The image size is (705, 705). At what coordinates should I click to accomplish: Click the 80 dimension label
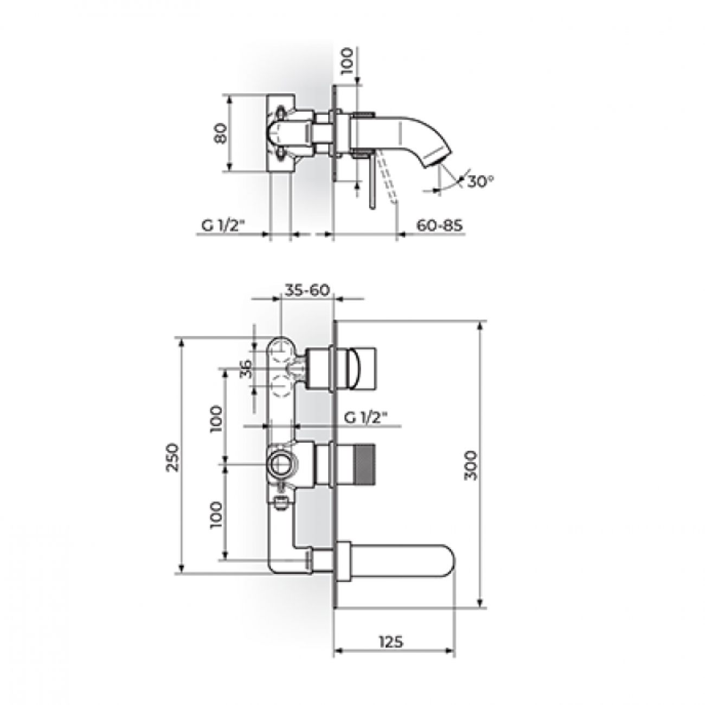pos(222,133)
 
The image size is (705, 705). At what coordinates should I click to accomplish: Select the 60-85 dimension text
pos(439,225)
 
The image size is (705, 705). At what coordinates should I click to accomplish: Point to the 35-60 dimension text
pos(307,290)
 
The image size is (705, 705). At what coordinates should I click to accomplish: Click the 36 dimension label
pos(246,368)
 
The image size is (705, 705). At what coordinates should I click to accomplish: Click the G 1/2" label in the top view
pos(222,226)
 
